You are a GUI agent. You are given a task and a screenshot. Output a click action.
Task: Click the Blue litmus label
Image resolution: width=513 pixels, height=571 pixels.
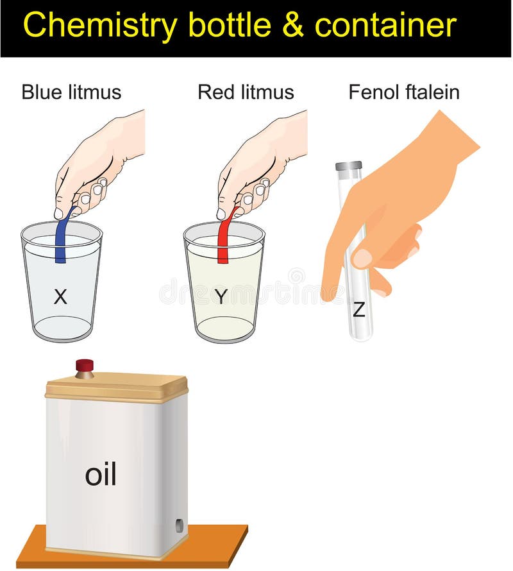point(71,92)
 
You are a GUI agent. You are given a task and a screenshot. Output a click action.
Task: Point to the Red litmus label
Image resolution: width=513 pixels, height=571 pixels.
point(246,92)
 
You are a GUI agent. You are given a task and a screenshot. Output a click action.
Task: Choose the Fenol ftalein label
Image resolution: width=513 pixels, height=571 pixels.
point(404,92)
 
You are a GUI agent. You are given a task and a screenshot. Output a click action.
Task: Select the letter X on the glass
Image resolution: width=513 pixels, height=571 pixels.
point(60,296)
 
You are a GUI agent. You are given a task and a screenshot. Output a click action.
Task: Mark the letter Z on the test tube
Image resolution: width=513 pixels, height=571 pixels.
point(359,311)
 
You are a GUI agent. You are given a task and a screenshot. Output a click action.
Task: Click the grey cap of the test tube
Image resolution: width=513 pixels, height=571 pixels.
point(349,166)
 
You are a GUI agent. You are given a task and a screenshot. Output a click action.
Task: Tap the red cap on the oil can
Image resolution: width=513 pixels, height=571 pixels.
point(85,366)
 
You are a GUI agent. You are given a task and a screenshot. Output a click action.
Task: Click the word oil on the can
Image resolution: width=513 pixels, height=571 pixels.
point(101,475)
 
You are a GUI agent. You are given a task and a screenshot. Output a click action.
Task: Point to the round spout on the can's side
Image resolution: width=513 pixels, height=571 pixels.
point(179,525)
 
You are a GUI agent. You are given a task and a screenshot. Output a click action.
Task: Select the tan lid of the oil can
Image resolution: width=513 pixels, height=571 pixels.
point(115,387)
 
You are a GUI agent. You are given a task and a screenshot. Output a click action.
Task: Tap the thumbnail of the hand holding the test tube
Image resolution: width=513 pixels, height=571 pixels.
point(363,258)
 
